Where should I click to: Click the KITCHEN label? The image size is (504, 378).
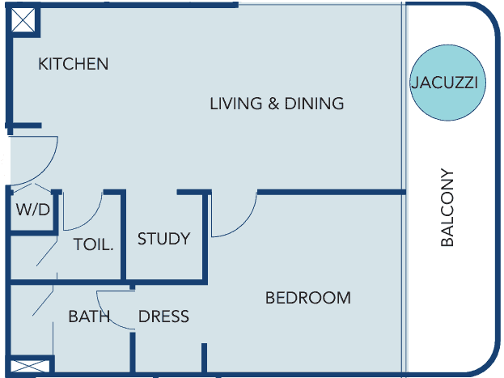tap(74, 64)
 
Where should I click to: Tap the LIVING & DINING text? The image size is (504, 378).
tap(277, 104)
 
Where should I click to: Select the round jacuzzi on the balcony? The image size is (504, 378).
tap(447, 83)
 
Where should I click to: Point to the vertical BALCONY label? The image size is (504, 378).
tap(447, 207)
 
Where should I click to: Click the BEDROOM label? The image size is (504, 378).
tap(308, 298)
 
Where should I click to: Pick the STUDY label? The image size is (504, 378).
tap(164, 239)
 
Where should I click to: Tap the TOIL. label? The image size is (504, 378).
tap(94, 244)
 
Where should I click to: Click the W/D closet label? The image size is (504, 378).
tap(33, 210)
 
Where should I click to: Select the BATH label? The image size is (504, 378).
tap(89, 316)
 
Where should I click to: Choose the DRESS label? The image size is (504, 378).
tap(163, 316)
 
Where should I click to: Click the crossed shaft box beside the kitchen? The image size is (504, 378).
tap(23, 20)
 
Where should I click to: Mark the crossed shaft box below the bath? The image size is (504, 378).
tap(30, 367)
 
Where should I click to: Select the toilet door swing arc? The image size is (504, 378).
tap(90, 219)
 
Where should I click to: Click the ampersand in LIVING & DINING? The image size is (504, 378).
tap(273, 104)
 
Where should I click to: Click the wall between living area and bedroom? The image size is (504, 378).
tap(332, 193)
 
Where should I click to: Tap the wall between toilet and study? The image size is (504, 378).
tap(123, 236)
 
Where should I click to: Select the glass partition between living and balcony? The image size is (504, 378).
tap(404, 189)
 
